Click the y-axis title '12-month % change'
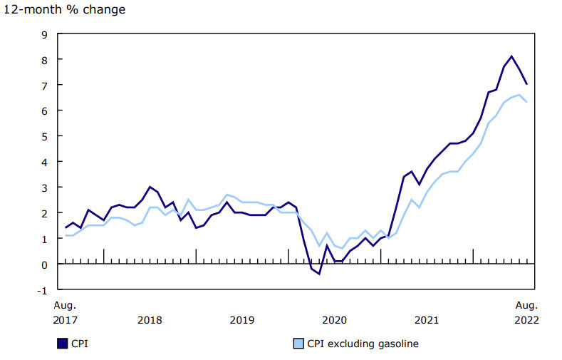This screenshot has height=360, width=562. (x=63, y=10)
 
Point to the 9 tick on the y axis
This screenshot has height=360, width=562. (x=43, y=34)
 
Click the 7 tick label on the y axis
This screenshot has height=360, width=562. (x=43, y=86)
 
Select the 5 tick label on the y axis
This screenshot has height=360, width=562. (x=43, y=136)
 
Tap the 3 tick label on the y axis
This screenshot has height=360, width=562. (x=43, y=187)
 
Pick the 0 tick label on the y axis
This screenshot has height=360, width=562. (x=43, y=264)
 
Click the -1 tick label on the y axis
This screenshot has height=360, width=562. (x=42, y=290)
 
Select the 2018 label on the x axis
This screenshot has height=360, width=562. (x=150, y=319)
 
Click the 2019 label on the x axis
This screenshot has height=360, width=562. (x=242, y=319)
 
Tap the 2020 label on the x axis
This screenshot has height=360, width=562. (x=334, y=319)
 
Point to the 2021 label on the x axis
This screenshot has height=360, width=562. (x=427, y=319)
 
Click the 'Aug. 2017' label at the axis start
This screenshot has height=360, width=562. (x=66, y=312)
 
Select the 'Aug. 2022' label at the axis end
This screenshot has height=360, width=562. (x=527, y=312)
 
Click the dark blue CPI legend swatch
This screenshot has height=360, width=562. (x=62, y=344)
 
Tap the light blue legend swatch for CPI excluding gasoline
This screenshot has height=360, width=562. (x=299, y=344)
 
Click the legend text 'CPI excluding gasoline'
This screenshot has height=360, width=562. (x=363, y=344)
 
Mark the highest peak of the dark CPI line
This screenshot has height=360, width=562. (x=511, y=56)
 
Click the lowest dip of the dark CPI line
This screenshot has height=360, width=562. (x=319, y=274)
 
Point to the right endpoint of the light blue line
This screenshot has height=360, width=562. (x=526, y=102)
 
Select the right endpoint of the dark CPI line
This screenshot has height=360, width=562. (x=526, y=84)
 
